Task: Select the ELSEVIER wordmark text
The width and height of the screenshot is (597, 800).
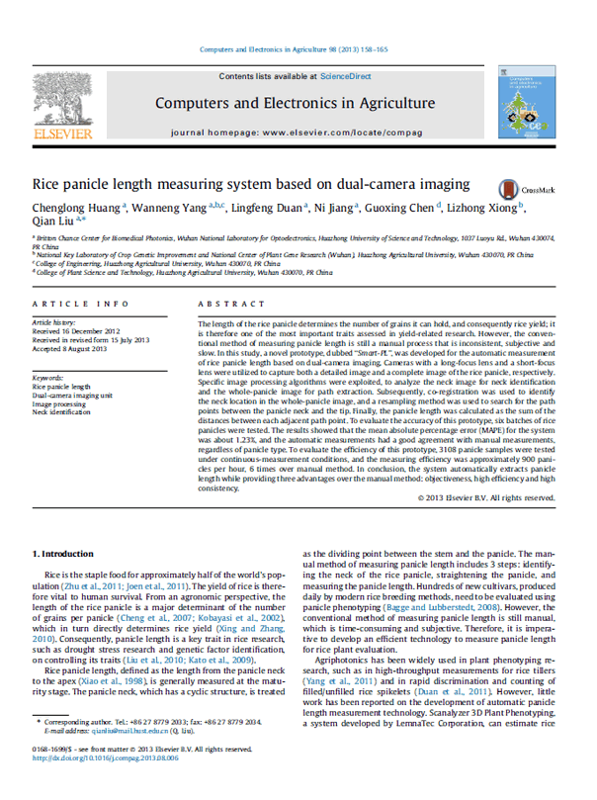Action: tap(61, 133)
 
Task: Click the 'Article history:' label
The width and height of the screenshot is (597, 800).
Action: tap(55, 323)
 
